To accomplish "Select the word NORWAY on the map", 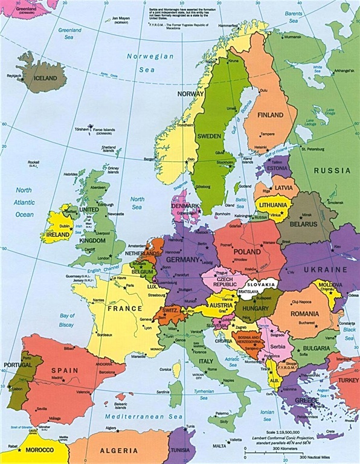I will [190, 94].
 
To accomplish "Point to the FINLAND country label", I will [271, 115].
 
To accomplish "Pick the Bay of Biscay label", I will [66, 320].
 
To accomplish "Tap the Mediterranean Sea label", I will [134, 417].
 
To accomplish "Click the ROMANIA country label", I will [304, 314].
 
